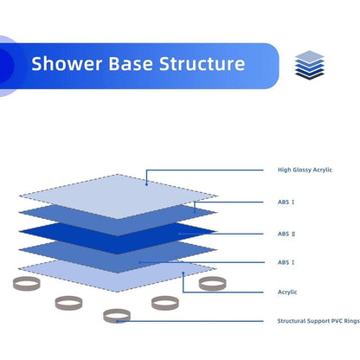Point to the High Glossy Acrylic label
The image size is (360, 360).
pyautogui.click(x=305, y=170)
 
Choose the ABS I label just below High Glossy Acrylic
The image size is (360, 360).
pyautogui.click(x=286, y=202)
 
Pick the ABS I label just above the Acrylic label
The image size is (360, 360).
pyautogui.click(x=286, y=261)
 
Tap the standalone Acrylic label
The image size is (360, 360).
pyautogui.click(x=288, y=292)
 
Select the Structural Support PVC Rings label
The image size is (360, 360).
pyautogui.click(x=317, y=321)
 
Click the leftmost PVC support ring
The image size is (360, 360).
pyautogui.click(x=25, y=284)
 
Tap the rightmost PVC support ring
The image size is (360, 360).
pyautogui.click(x=212, y=284)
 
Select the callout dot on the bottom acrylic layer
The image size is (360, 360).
pyautogui.click(x=184, y=275)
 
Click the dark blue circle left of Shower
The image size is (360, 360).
pyautogui.click(x=6, y=65)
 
